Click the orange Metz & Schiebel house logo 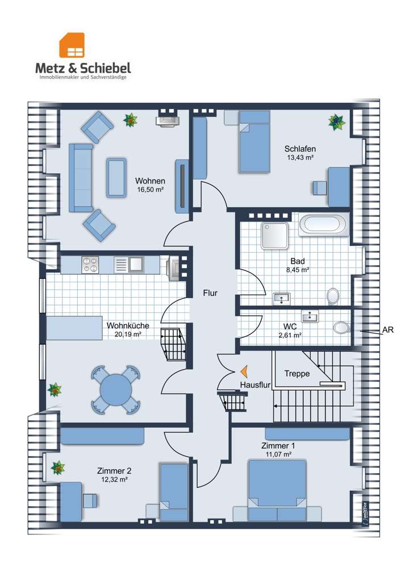tap(72, 45)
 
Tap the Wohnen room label tap(150, 181)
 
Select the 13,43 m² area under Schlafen tap(300, 157)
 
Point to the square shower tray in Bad tap(274, 236)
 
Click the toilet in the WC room tap(341, 327)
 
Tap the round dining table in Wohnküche tap(116, 390)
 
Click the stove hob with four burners tap(90, 265)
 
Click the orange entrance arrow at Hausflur tap(244, 371)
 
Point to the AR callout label tap(387, 330)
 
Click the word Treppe tap(296, 374)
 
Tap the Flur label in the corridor tap(210, 293)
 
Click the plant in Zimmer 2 tap(58, 467)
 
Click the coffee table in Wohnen tap(116, 177)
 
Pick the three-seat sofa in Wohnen tap(81, 177)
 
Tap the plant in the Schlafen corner tap(337, 123)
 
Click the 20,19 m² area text tap(127, 335)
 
